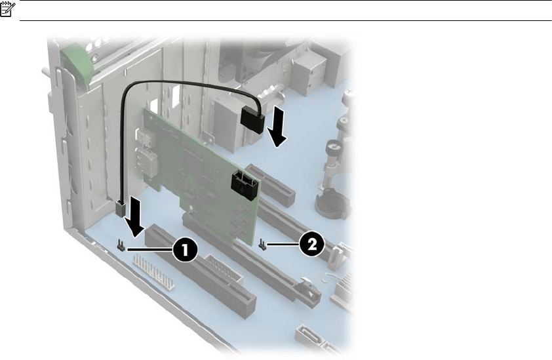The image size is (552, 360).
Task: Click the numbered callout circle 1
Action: click(x=185, y=250)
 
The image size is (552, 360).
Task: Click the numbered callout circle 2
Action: click(x=312, y=244)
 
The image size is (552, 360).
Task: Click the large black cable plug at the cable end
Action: click(x=252, y=120)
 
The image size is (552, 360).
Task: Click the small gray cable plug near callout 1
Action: click(x=121, y=209)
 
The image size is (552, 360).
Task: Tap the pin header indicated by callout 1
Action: click(x=121, y=245)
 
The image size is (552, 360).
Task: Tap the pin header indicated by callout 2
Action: click(x=262, y=243)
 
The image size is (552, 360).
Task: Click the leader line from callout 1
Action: click(x=149, y=249)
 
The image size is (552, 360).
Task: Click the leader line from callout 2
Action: click(x=283, y=244)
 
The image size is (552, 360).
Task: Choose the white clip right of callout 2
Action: click(x=337, y=254)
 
